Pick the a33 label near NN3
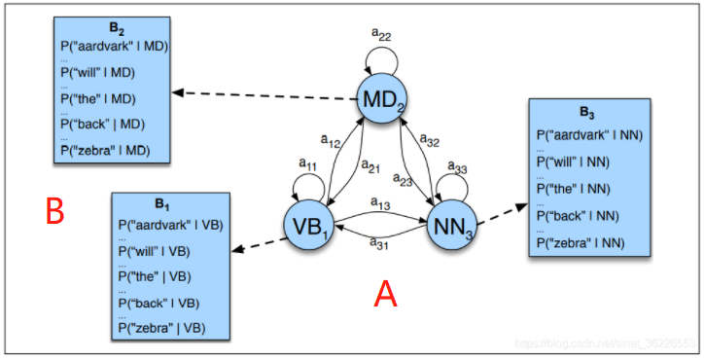click(457, 170)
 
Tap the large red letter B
click(56, 209)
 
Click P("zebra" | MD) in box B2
click(112, 151)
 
